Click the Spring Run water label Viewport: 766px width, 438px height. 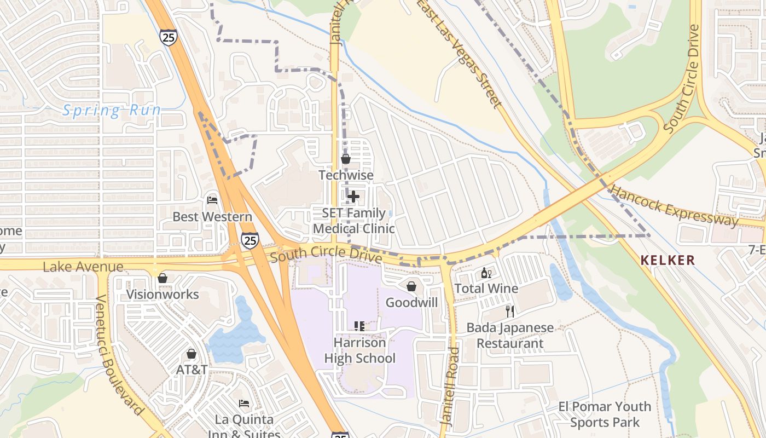[x=112, y=111]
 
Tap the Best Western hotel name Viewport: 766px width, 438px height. [x=212, y=217]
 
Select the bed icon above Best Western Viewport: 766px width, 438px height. [x=212, y=200]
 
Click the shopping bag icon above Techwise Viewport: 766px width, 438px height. [x=346, y=159]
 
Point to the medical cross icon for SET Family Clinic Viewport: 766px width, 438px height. [x=353, y=196]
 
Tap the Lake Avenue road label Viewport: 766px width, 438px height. [x=83, y=267]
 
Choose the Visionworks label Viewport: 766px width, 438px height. [x=163, y=294]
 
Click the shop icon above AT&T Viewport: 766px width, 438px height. [x=191, y=354]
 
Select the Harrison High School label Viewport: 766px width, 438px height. [x=359, y=350]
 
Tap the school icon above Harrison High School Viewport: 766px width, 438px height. [x=359, y=326]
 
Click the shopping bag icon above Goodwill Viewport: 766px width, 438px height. [x=411, y=286]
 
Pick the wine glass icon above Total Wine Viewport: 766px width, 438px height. [x=486, y=273]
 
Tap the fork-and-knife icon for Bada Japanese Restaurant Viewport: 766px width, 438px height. [x=510, y=312]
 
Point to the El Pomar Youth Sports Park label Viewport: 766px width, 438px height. [x=605, y=414]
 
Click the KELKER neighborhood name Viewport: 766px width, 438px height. [x=668, y=260]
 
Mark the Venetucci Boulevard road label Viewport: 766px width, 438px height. [x=119, y=355]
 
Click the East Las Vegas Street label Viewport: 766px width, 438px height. [x=460, y=54]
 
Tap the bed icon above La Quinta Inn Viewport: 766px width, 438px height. [x=244, y=404]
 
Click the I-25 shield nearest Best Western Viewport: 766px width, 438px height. [x=250, y=240]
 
